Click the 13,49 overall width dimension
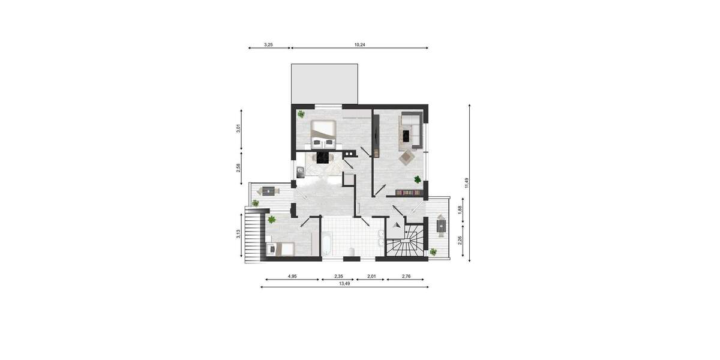(344, 284)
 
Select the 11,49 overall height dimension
(466, 183)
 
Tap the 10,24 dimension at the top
(359, 44)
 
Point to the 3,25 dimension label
(269, 44)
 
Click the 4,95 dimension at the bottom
(292, 276)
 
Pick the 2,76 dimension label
(406, 276)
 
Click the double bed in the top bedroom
(323, 133)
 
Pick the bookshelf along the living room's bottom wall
(409, 193)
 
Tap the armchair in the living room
(407, 158)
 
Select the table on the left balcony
(268, 191)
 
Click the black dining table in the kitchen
(323, 157)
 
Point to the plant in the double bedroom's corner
(301, 114)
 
